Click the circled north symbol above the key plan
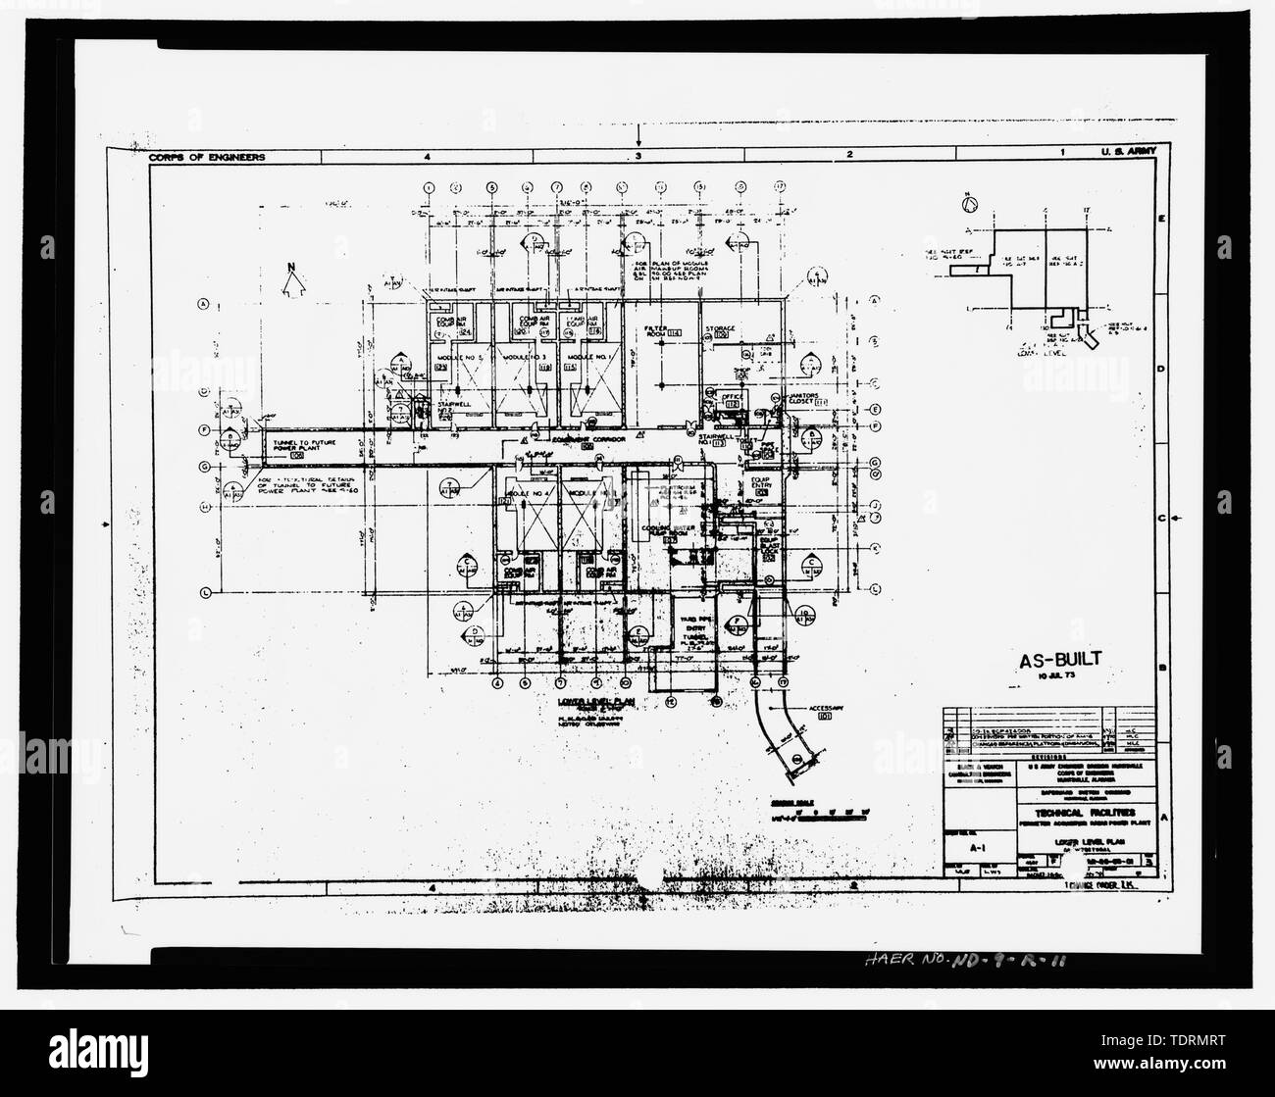(x=971, y=205)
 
